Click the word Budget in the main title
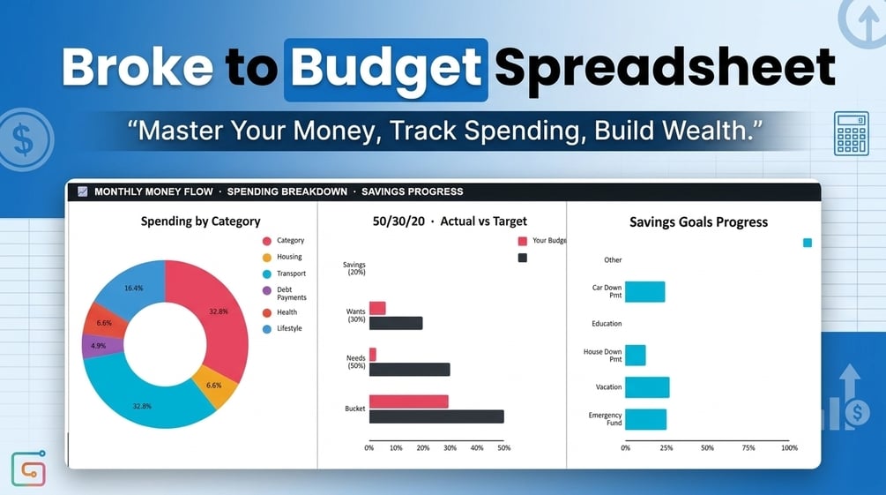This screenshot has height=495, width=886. pos(386,68)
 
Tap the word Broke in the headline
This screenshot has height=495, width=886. pos(138,67)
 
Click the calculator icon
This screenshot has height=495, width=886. pos(851,133)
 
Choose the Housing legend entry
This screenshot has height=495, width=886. pos(282,257)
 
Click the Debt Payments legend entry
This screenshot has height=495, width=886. pos(284,293)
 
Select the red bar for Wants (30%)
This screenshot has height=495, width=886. pos(377,308)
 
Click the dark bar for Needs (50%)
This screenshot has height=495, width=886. pos(410,370)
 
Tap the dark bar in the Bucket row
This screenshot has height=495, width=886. pos(436,416)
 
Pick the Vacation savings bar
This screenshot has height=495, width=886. pos(647,387)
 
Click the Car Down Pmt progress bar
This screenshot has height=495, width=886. pos(644,292)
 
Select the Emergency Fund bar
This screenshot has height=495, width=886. pos(646,419)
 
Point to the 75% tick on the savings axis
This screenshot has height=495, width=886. pos(748,447)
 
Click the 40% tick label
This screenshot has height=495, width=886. pos(477,447)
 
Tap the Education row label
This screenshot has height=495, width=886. pos(607,324)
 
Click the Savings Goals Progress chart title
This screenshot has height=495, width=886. pos(698,222)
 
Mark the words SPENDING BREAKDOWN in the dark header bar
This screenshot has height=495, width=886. pos(287,191)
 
